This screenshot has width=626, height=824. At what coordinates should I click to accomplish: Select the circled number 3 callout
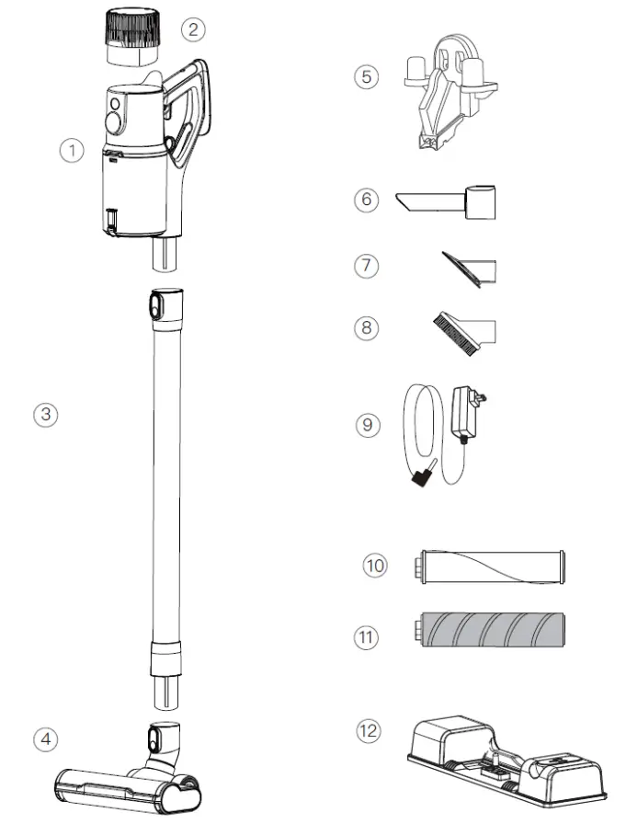pos(45,414)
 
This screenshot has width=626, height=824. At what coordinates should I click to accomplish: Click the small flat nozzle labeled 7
pos(469,269)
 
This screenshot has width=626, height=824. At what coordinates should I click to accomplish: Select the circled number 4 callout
pos(45,738)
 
